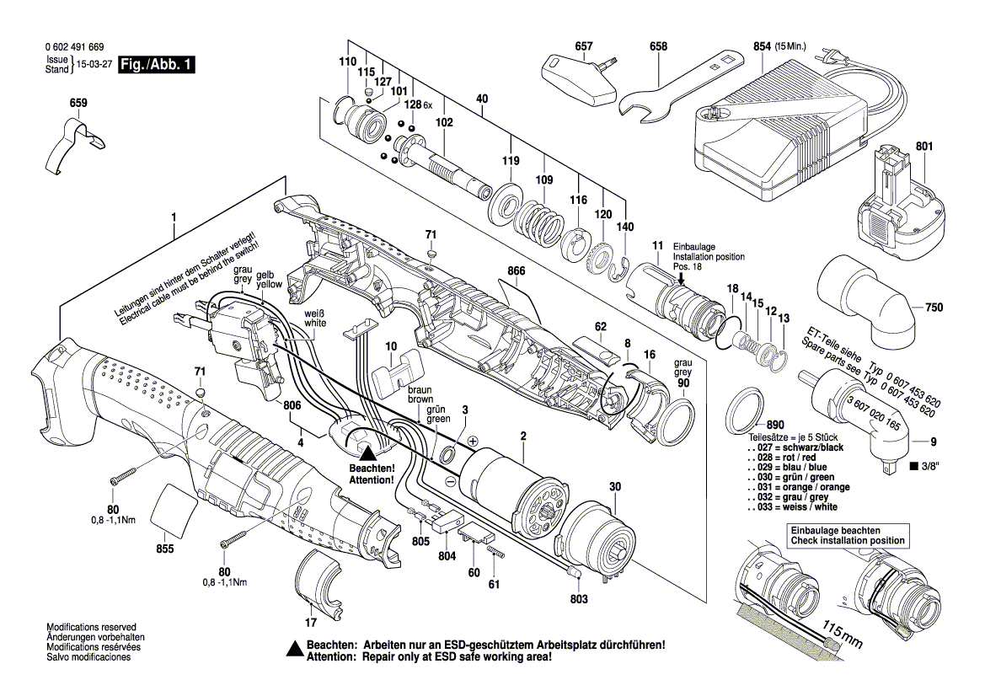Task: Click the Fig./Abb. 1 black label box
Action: pyautogui.click(x=157, y=65)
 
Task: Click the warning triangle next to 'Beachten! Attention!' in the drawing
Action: pyautogui.click(x=369, y=453)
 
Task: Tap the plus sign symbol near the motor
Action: pyautogui.click(x=473, y=442)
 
